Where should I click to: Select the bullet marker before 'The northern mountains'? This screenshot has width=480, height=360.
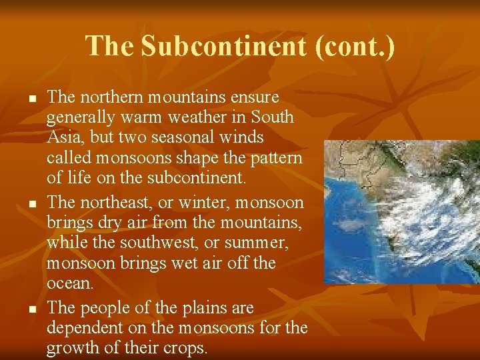31,99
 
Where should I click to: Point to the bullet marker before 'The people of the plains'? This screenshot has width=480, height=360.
31,309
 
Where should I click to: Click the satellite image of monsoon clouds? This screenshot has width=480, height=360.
401,212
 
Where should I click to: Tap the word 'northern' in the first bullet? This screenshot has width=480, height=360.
111,97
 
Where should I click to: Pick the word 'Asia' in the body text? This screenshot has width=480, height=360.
61,138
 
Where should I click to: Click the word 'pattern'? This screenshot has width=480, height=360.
276,159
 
